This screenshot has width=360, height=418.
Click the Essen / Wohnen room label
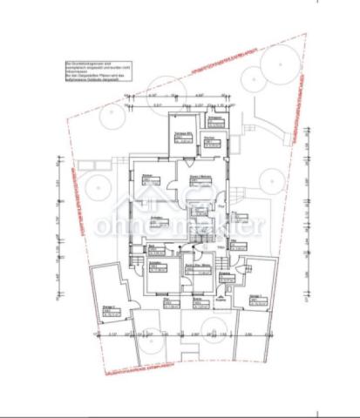(x=201, y=179)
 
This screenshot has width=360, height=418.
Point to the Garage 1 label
(x=109, y=312)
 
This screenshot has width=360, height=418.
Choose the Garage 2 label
(x=256, y=300)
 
